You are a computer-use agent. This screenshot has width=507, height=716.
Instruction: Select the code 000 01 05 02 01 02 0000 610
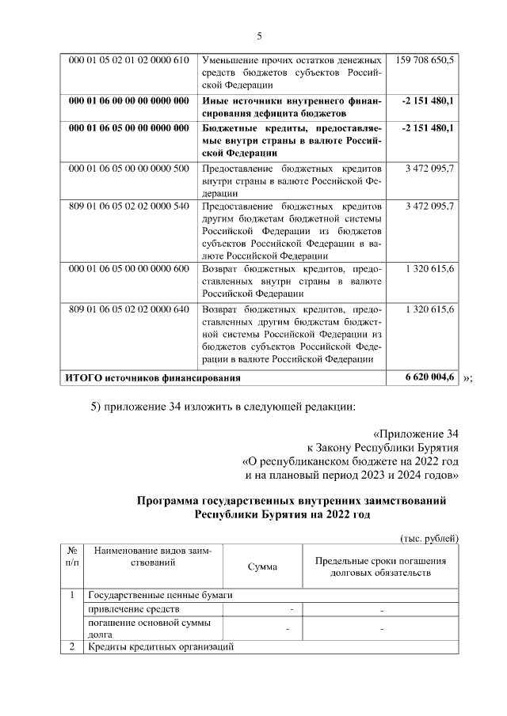(x=129, y=60)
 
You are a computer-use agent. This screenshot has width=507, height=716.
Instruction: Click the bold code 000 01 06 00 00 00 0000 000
(x=129, y=101)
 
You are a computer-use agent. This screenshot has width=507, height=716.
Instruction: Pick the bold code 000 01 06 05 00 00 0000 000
(x=129, y=127)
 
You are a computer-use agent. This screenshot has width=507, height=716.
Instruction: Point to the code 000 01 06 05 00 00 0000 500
(x=129, y=169)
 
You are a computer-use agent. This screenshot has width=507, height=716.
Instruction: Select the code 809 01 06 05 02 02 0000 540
(x=129, y=206)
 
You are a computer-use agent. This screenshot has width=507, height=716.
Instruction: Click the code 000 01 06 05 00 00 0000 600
(x=129, y=268)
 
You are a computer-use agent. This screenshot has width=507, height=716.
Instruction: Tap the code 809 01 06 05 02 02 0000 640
(x=129, y=309)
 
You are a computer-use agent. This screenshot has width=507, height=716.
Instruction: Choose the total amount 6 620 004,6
(x=428, y=377)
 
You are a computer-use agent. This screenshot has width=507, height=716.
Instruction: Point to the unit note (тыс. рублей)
(x=429, y=538)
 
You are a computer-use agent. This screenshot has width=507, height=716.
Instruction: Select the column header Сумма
(x=262, y=567)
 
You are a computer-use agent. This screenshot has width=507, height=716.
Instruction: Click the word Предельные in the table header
(x=343, y=561)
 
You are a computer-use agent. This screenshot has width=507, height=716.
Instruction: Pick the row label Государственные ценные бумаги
(x=160, y=595)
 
